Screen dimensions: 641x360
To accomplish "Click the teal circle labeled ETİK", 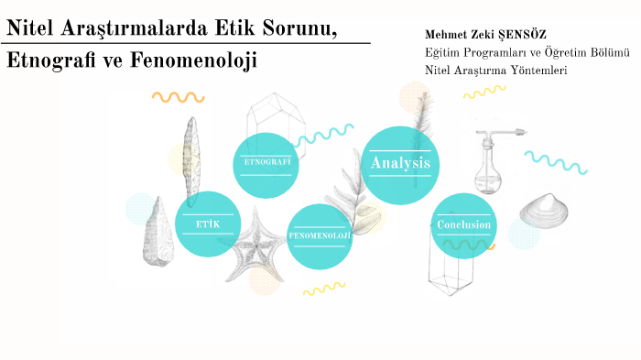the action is point(208,224).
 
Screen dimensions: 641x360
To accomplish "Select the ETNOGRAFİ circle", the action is point(266,165).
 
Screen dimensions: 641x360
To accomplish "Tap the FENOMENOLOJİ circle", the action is point(320,237).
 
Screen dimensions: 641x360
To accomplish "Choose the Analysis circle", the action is point(400,165).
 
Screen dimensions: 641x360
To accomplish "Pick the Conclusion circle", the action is point(463,226).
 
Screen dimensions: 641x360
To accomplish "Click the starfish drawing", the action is point(255,245).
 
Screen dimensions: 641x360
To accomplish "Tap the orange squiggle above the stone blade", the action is point(179,97).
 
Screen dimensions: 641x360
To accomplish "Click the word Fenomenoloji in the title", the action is point(193,60).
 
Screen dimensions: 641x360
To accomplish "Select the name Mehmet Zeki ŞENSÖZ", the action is point(485,35).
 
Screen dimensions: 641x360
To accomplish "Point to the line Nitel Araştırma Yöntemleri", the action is point(496,71).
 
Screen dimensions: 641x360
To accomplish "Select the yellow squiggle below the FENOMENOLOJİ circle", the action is point(324,288).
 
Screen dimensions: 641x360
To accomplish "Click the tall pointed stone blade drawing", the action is point(191,160).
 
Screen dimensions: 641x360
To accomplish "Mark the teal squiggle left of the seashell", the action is point(556,162).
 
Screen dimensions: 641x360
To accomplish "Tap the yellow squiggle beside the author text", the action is point(484,92).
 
